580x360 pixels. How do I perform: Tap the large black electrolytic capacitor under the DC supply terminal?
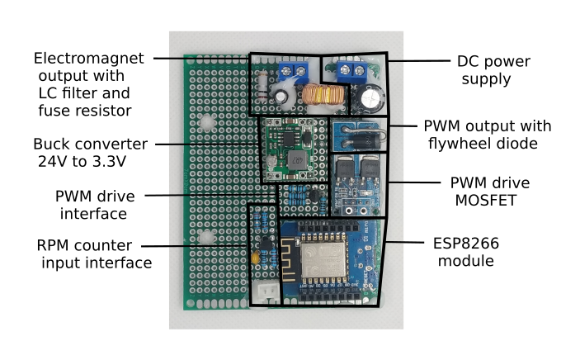370,98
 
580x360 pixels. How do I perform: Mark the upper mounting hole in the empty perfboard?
205,124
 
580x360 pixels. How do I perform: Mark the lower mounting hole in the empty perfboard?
205,237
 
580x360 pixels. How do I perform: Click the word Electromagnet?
88,59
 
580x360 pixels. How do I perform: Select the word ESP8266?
466,244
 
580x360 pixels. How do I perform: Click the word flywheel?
466,144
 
